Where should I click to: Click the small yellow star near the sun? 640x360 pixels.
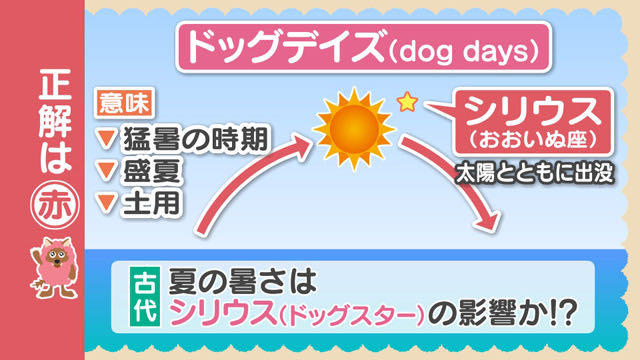pyautogui.click(x=407, y=102)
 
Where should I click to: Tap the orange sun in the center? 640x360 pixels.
pyautogui.click(x=354, y=129)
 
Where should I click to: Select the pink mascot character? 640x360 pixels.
pyautogui.click(x=54, y=267)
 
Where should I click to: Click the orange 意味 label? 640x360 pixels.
pyautogui.click(x=124, y=103)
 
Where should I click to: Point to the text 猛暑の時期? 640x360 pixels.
pyautogui.click(x=196, y=139)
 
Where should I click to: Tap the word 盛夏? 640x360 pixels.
pyautogui.click(x=151, y=171)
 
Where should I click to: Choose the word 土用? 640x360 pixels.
pyautogui.click(x=151, y=202)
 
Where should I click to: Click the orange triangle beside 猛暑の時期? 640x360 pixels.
pyautogui.click(x=107, y=139)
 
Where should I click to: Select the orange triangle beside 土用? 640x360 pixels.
pyautogui.click(x=107, y=203)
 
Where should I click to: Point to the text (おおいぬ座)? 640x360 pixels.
pyautogui.click(x=532, y=139)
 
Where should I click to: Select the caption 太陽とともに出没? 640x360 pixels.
pyautogui.click(x=535, y=173)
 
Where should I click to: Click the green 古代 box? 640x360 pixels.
pyautogui.click(x=145, y=297)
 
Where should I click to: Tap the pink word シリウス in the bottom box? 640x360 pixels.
pyautogui.click(x=223, y=313)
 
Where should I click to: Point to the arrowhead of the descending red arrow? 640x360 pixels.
pyautogui.click(x=487, y=221)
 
